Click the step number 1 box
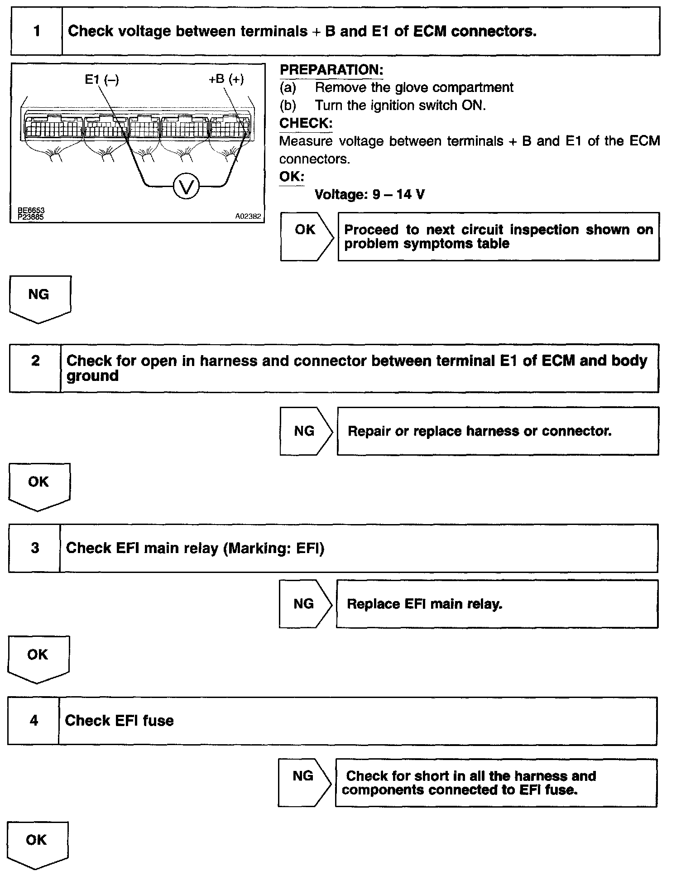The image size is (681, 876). coord(37,31)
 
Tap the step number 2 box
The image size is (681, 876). coord(35,368)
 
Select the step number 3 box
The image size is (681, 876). coord(35,548)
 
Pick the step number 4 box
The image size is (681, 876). coord(34,721)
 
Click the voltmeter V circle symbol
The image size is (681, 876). coord(186,186)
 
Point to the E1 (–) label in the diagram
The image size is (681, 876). coord(101,80)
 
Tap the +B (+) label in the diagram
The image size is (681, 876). coord(226,79)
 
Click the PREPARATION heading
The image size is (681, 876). coord(331,70)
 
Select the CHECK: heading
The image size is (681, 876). coord(306,123)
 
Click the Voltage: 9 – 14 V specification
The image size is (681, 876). coord(369,195)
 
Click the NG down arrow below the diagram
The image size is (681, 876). coord(39,298)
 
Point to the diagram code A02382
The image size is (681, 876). coord(248,217)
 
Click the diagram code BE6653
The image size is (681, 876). coord(31,211)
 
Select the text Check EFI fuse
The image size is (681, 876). coord(119,721)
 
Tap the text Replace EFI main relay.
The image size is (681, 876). coord(424,604)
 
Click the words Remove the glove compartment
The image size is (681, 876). coord(414,87)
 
